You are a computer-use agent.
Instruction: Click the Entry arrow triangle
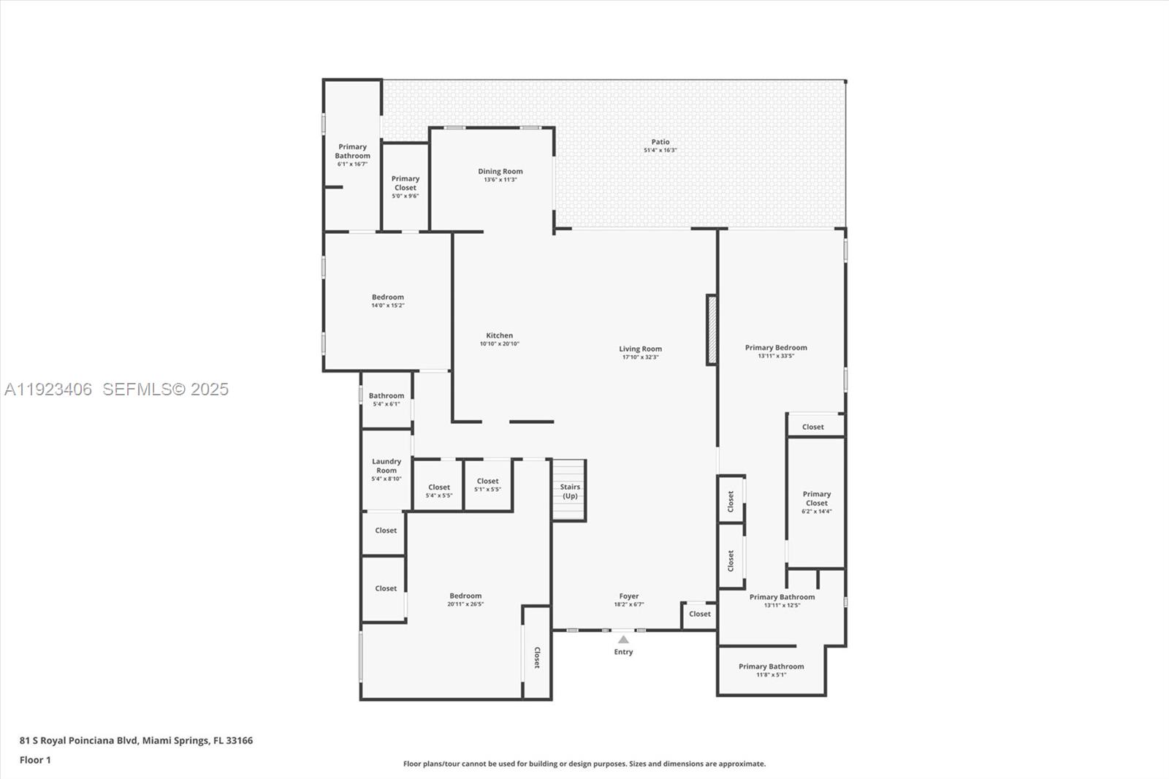[x=623, y=639]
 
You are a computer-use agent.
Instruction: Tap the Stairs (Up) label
[x=570, y=491]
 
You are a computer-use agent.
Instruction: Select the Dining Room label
[x=500, y=172]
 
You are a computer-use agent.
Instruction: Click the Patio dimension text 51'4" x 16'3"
[x=660, y=151]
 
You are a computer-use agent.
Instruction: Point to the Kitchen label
[x=500, y=335]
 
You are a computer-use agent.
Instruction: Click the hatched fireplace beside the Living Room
[x=711, y=329]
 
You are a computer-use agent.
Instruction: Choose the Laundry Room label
[x=387, y=465]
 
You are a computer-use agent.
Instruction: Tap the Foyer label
[x=629, y=596]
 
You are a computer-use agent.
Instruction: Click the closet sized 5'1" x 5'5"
[x=487, y=485]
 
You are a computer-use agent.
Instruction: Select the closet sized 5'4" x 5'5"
[x=439, y=491]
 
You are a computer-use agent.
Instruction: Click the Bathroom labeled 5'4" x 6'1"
[x=387, y=399]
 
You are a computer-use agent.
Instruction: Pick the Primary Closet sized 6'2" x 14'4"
[x=817, y=502]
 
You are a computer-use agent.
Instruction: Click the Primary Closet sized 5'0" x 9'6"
[x=405, y=186]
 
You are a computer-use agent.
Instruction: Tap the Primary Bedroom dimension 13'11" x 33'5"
[x=776, y=357]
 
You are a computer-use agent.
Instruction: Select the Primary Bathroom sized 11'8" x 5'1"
[x=771, y=670]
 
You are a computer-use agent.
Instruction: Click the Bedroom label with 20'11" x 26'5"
[x=465, y=596]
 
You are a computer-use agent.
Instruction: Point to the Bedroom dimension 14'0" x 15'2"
[x=388, y=305]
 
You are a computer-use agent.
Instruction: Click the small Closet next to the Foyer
[x=700, y=614]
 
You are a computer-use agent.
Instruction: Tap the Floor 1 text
[x=35, y=760]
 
